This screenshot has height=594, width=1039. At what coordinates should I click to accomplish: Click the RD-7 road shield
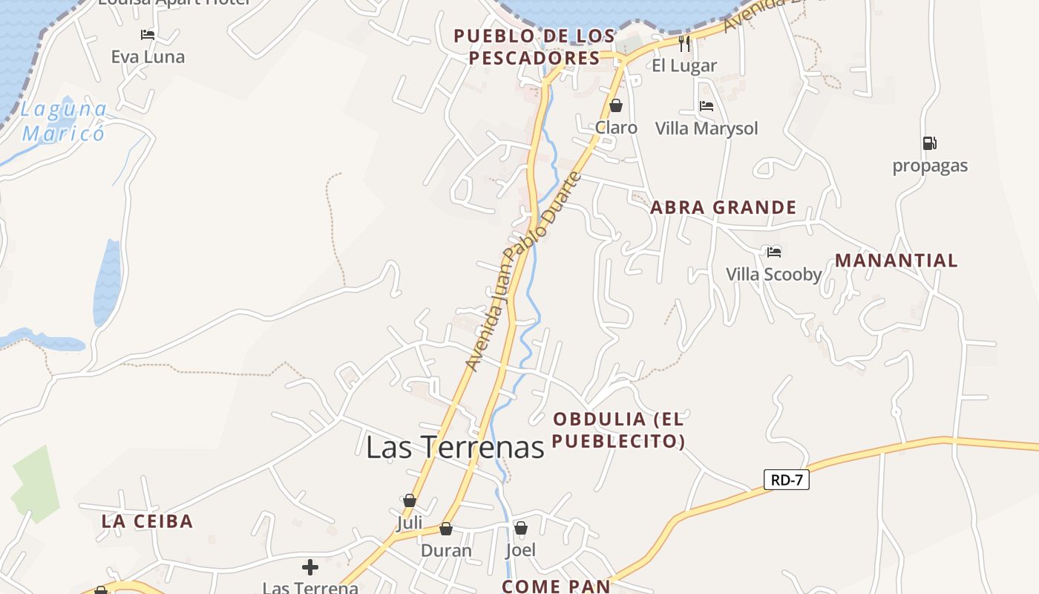pyautogui.click(x=787, y=480)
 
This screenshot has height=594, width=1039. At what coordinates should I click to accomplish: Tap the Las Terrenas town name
pyautogui.click(x=455, y=447)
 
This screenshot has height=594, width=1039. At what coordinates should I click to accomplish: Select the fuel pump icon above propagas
pyautogui.click(x=929, y=143)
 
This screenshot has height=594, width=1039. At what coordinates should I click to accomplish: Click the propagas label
pyautogui.click(x=930, y=166)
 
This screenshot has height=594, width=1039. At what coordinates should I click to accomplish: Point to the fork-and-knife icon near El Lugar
pyautogui.click(x=684, y=44)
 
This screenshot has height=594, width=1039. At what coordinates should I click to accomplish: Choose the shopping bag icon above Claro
pyautogui.click(x=615, y=105)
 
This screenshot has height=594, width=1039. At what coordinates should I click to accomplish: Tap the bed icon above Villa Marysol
pyautogui.click(x=707, y=106)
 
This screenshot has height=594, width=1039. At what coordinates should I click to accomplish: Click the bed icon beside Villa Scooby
pyautogui.click(x=774, y=252)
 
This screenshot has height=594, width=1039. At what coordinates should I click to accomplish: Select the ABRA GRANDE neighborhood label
pyautogui.click(x=723, y=208)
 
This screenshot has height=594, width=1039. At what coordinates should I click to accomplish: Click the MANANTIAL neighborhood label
pyautogui.click(x=897, y=261)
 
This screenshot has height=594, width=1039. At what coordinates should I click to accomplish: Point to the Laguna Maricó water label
pyautogui.click(x=64, y=122)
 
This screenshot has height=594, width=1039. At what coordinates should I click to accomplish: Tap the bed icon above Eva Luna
pyautogui.click(x=148, y=35)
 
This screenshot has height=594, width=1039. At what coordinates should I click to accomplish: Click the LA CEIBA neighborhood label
pyautogui.click(x=147, y=521)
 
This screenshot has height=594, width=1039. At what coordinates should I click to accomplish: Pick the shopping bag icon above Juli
pyautogui.click(x=410, y=500)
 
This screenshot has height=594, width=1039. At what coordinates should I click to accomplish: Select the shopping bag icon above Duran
pyautogui.click(x=446, y=529)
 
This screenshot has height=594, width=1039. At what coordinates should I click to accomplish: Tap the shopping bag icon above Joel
pyautogui.click(x=521, y=528)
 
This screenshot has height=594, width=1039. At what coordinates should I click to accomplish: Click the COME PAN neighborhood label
pyautogui.click(x=556, y=586)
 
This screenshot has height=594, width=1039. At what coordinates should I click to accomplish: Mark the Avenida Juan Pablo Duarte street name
pyautogui.click(x=522, y=272)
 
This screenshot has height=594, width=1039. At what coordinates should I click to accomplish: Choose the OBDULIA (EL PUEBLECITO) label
pyautogui.click(x=618, y=430)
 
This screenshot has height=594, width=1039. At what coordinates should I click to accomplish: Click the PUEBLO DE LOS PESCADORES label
pyautogui.click(x=534, y=47)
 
